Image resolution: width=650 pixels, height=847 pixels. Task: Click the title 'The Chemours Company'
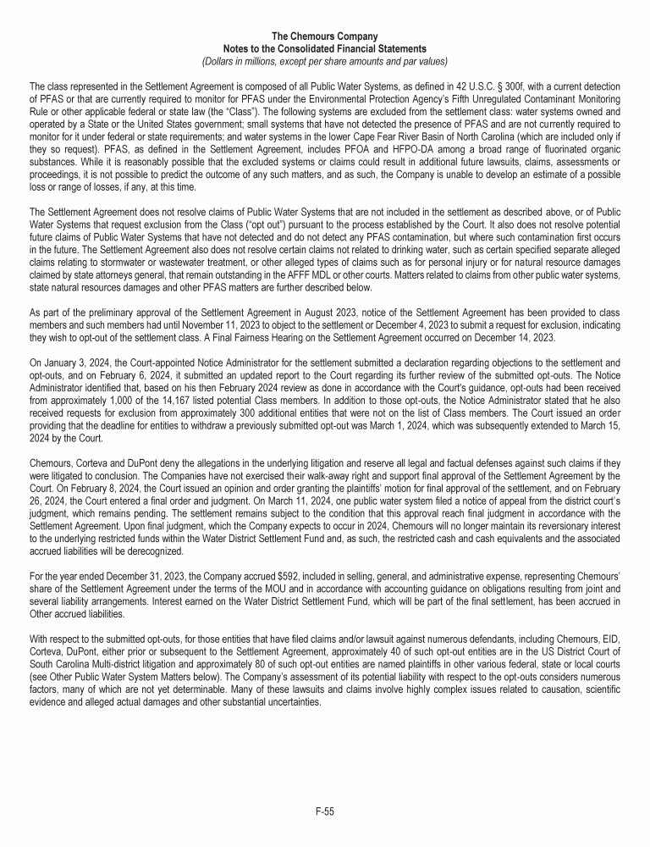point(324,36)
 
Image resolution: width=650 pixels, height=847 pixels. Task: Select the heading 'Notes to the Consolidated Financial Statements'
point(324,48)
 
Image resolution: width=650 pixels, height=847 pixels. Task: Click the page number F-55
point(324,811)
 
